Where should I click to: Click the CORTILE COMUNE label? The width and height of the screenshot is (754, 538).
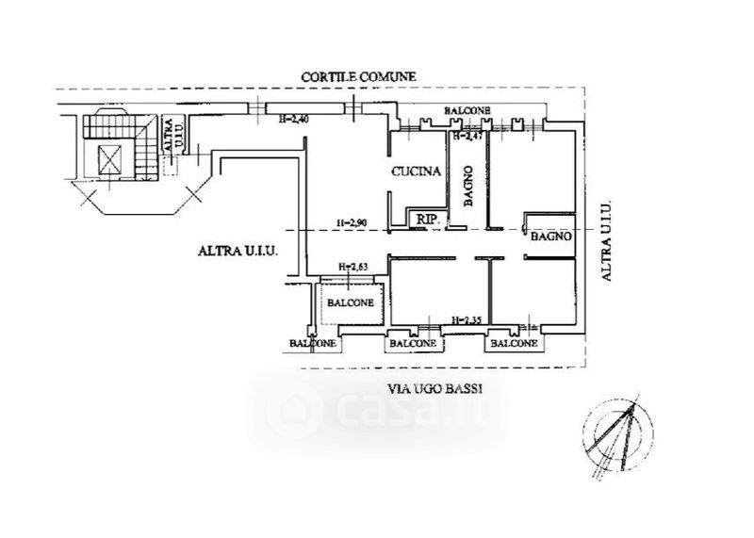(358, 75)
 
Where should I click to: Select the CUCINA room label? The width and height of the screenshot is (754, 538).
(416, 171)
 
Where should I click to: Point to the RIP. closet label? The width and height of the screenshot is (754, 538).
(430, 219)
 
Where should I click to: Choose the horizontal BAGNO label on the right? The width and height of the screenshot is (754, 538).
(550, 237)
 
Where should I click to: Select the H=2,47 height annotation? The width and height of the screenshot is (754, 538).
(468, 137)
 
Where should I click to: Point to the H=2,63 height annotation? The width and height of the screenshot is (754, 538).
(352, 267)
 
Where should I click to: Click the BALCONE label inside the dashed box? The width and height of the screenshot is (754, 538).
(351, 302)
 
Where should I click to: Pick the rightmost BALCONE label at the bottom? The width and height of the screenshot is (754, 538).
(512, 344)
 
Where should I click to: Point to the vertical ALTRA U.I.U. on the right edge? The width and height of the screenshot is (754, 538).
(607, 241)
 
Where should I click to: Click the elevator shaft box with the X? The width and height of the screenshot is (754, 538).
(111, 159)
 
